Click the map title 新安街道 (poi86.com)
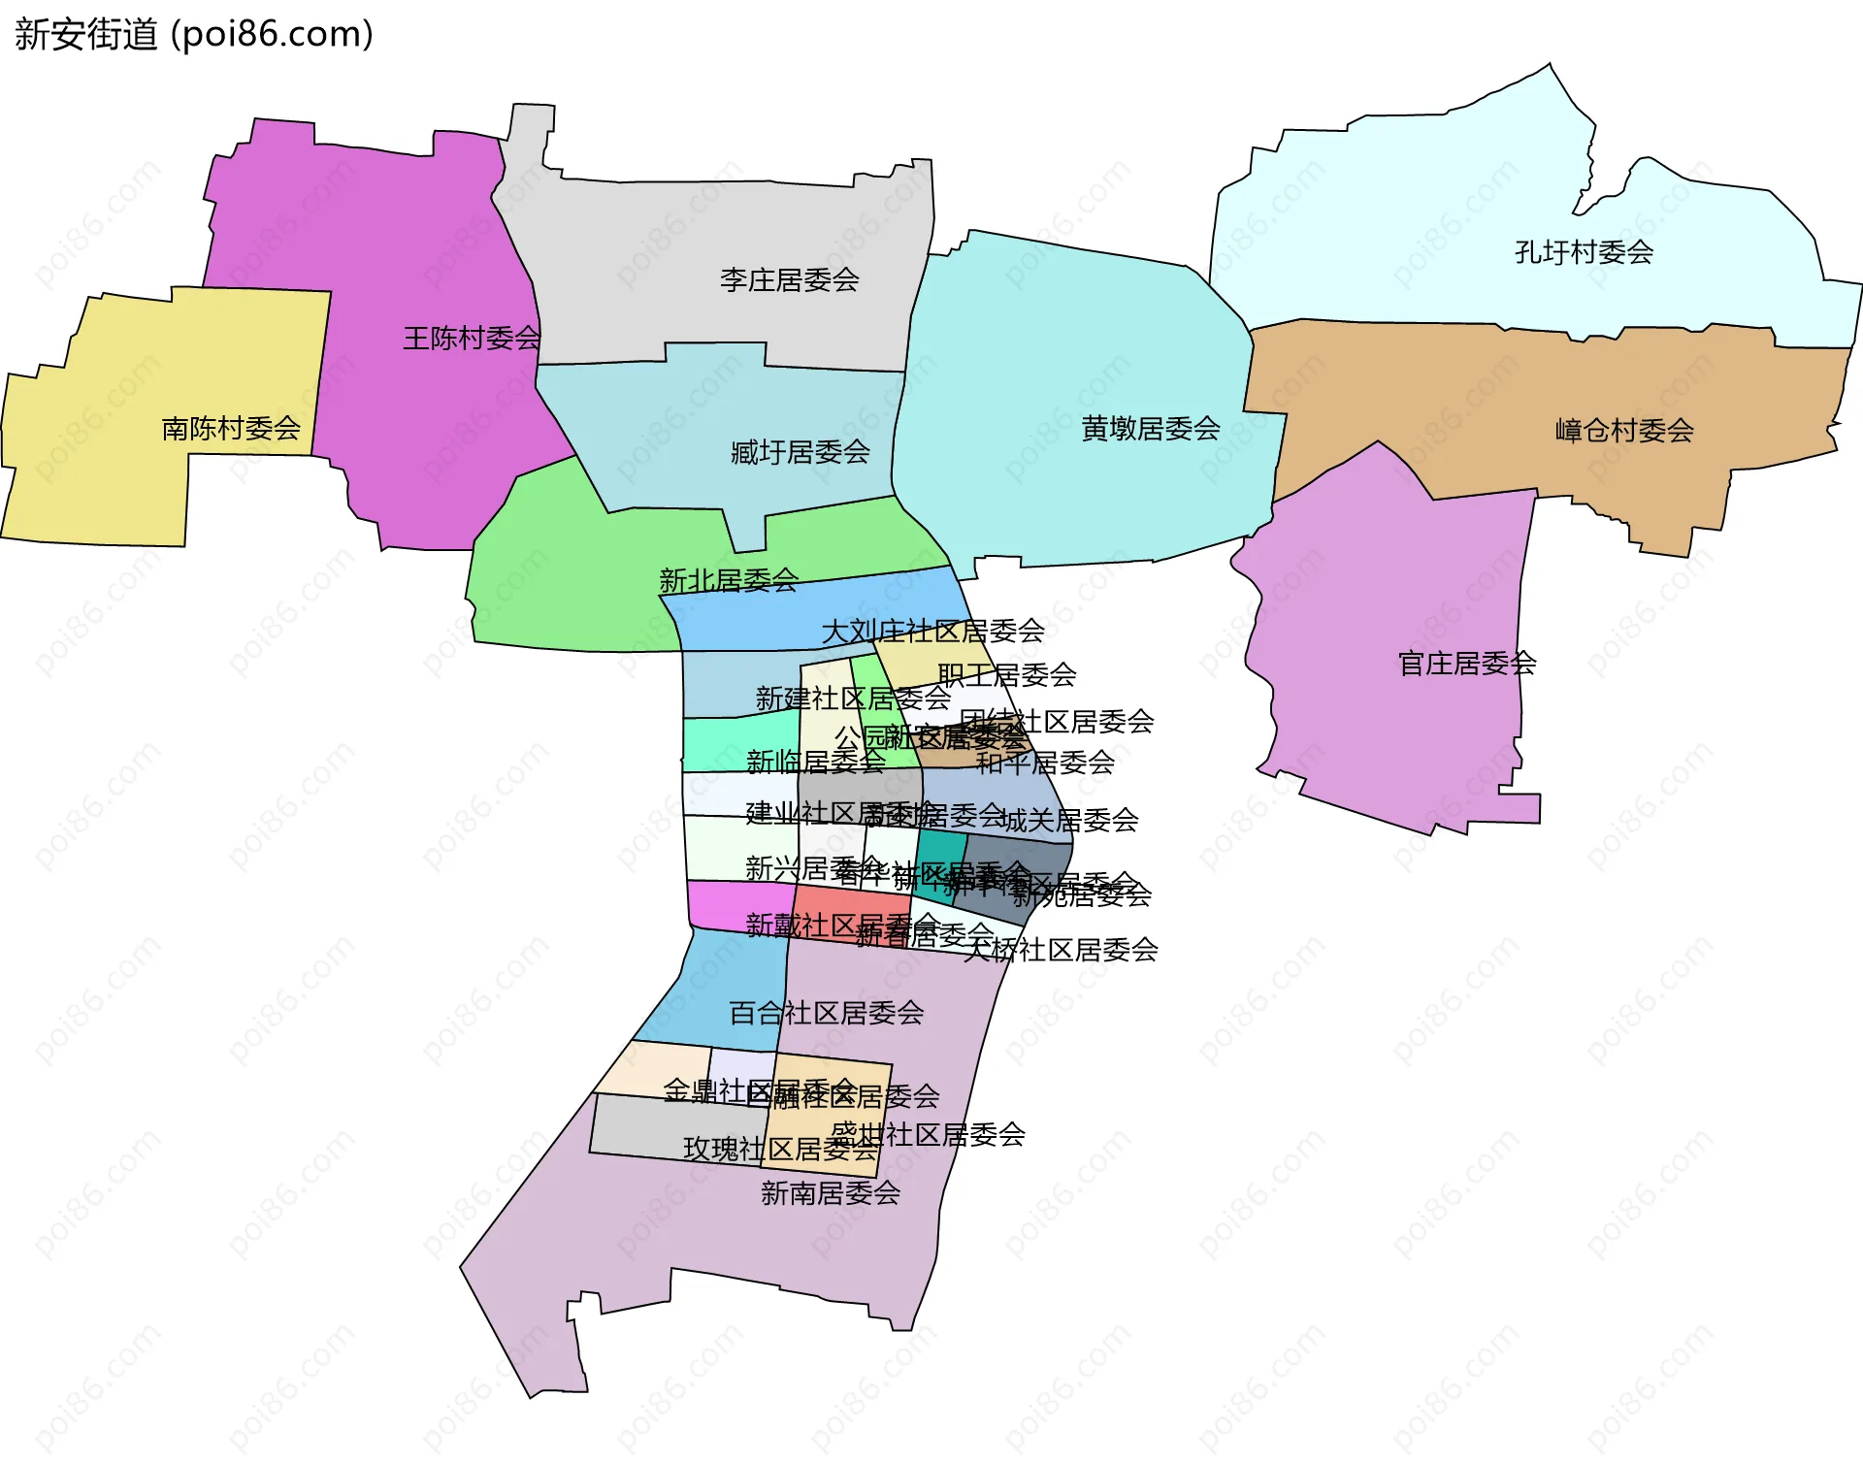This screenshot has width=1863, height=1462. [x=194, y=35]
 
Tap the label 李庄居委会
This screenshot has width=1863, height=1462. [x=789, y=280]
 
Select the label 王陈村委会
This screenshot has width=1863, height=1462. [x=472, y=339]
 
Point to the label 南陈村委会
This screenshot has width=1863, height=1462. [x=231, y=428]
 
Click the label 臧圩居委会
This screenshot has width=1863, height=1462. [x=800, y=452]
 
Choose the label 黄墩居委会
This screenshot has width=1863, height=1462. [x=1150, y=429]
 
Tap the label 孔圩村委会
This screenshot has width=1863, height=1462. [x=1584, y=252]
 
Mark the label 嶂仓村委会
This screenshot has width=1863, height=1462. [x=1623, y=431]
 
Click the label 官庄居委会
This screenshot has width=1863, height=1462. [x=1466, y=664]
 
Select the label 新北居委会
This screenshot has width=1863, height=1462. [x=728, y=581]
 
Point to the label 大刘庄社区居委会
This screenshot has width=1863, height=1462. [x=932, y=632]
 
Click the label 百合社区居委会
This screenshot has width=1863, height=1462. [x=826, y=1013]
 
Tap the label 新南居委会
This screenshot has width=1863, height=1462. [x=831, y=1193]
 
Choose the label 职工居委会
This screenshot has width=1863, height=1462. [x=1007, y=674]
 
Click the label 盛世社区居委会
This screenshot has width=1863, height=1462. [x=928, y=1134]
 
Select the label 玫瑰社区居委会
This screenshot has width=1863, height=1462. [x=780, y=1150]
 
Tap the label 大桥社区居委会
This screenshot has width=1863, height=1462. [x=1061, y=950]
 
